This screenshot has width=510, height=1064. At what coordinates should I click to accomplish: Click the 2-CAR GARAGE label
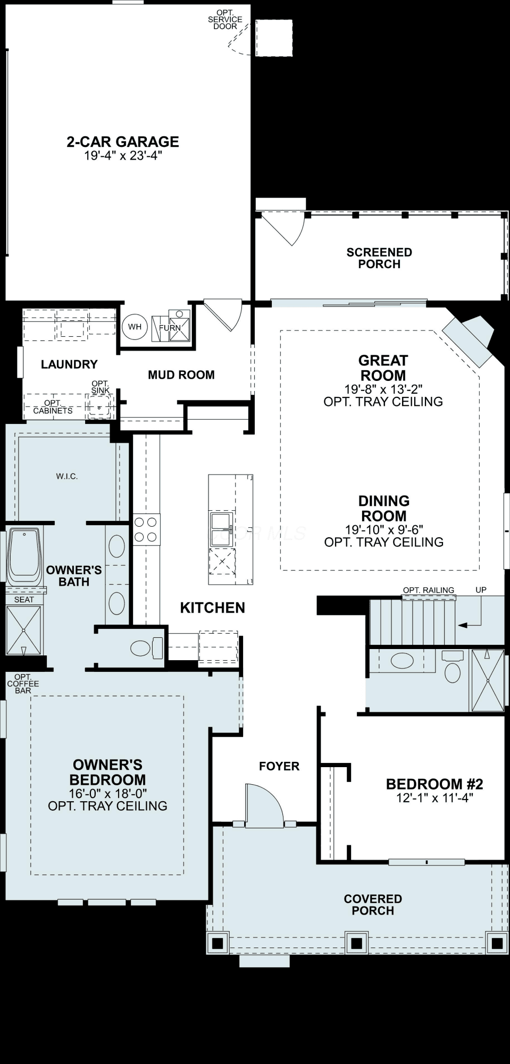pyautogui.click(x=122, y=142)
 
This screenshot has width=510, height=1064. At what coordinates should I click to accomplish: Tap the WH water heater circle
pyautogui.click(x=135, y=327)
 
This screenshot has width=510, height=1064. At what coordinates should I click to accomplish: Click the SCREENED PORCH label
pyautogui.click(x=379, y=258)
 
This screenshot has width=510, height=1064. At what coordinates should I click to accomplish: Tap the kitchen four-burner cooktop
pyautogui.click(x=146, y=529)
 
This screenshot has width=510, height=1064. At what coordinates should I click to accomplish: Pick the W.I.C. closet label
pyautogui.click(x=67, y=476)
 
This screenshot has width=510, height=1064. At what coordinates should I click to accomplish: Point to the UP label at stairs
pyautogui.click(x=481, y=589)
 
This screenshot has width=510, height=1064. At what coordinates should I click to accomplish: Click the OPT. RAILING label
pyautogui.click(x=429, y=589)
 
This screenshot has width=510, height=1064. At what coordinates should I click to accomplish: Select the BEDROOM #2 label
pyautogui.click(x=434, y=784)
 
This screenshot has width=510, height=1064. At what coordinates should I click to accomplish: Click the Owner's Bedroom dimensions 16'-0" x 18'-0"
pyautogui.click(x=107, y=793)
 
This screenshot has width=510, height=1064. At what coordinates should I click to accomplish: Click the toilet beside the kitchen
pyautogui.click(x=147, y=648)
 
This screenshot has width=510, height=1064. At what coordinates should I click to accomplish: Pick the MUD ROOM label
pyautogui.click(x=181, y=375)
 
